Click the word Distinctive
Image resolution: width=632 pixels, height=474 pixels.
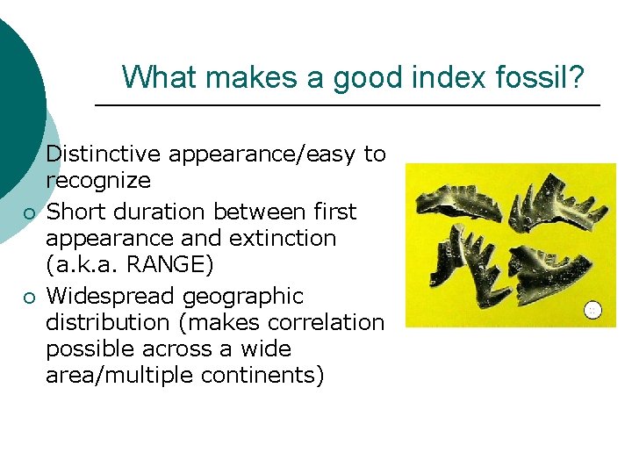104,154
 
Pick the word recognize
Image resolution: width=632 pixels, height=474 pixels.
98,181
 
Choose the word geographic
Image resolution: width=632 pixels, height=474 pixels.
242,296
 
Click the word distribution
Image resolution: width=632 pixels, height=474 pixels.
110,322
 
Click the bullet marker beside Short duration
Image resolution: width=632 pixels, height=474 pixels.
29,213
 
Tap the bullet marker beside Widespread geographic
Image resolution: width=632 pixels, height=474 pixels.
29,298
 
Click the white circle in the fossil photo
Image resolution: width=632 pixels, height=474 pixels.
593,309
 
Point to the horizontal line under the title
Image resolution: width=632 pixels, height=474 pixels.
347,105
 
